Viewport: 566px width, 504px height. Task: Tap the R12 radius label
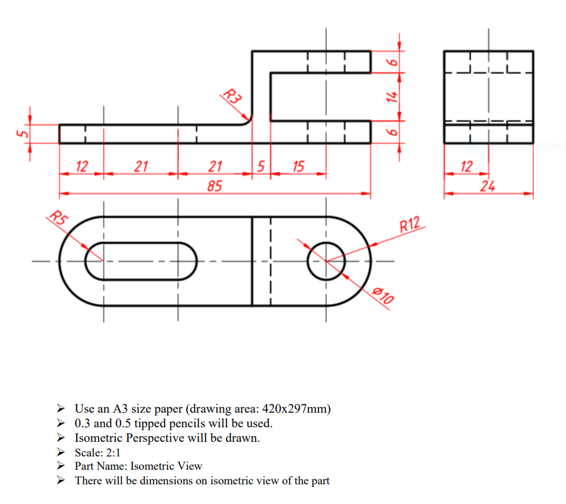pyautogui.click(x=410, y=224)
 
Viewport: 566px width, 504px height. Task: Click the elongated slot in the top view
pyautogui.click(x=141, y=261)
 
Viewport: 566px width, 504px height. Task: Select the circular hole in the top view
pyautogui.click(x=326, y=261)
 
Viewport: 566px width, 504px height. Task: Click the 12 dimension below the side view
pyautogui.click(x=466, y=167)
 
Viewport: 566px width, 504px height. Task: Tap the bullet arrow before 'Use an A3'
pyautogui.click(x=60, y=408)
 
